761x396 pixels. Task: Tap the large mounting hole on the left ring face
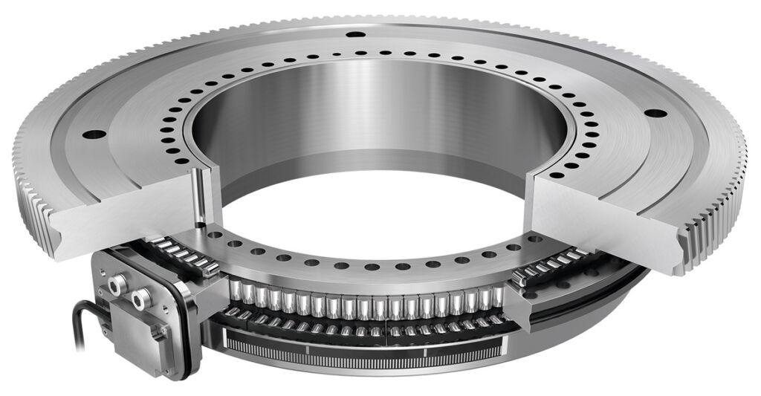click(94, 135)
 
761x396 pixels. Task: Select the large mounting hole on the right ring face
click(655, 114)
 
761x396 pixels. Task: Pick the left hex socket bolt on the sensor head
click(116, 285)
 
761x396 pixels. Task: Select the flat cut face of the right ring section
click(602, 215)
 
